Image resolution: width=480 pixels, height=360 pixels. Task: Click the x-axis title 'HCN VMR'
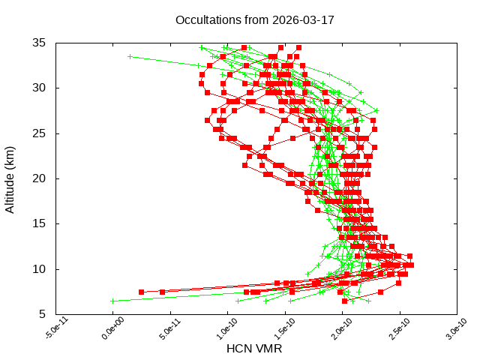tap(254, 349)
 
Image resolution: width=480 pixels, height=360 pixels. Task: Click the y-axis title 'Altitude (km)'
tap(10, 178)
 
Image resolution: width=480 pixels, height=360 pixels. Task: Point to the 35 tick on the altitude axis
tap(40, 43)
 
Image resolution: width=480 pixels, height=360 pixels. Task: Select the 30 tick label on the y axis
tap(40, 88)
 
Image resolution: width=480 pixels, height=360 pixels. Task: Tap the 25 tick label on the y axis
tap(40, 133)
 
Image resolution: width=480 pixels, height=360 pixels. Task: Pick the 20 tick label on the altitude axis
tap(40, 178)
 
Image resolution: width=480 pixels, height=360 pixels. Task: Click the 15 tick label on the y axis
tap(40, 223)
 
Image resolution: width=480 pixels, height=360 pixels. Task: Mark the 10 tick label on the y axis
tap(40, 269)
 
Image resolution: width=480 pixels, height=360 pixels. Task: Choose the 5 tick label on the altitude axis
tap(43, 314)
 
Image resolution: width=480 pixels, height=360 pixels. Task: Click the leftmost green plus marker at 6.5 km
tap(112, 301)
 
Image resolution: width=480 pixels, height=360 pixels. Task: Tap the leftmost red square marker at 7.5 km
tap(141, 292)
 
